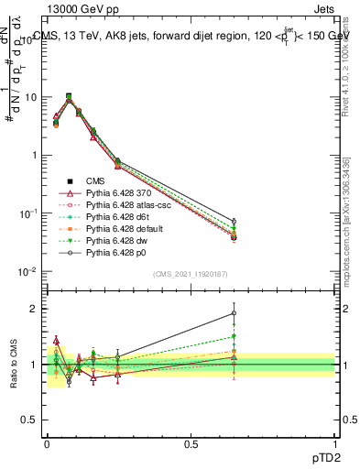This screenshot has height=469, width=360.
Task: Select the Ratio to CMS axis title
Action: coord(15,365)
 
